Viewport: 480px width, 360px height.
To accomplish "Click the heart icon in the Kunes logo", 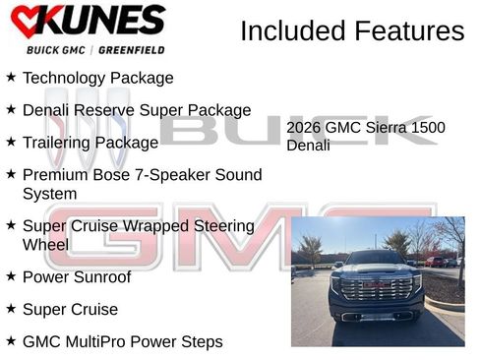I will coord(24,21).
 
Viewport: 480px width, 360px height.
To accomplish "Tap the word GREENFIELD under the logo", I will coord(132,49).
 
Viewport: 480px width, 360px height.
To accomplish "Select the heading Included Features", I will coord(352,31).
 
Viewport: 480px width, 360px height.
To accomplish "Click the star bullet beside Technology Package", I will coord(11,77).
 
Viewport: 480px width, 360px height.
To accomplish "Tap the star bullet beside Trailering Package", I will coord(11,142).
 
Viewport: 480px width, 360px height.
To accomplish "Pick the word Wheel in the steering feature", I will coord(45,244).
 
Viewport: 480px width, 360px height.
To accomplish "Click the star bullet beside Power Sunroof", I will coord(11,276).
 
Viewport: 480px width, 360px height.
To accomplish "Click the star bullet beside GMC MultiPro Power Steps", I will coord(11,341).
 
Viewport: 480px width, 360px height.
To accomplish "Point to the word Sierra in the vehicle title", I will coord(389,128).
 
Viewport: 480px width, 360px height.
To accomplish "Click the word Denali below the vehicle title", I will coord(308,146).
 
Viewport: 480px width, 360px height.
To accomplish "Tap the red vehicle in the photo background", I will coord(436,262).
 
